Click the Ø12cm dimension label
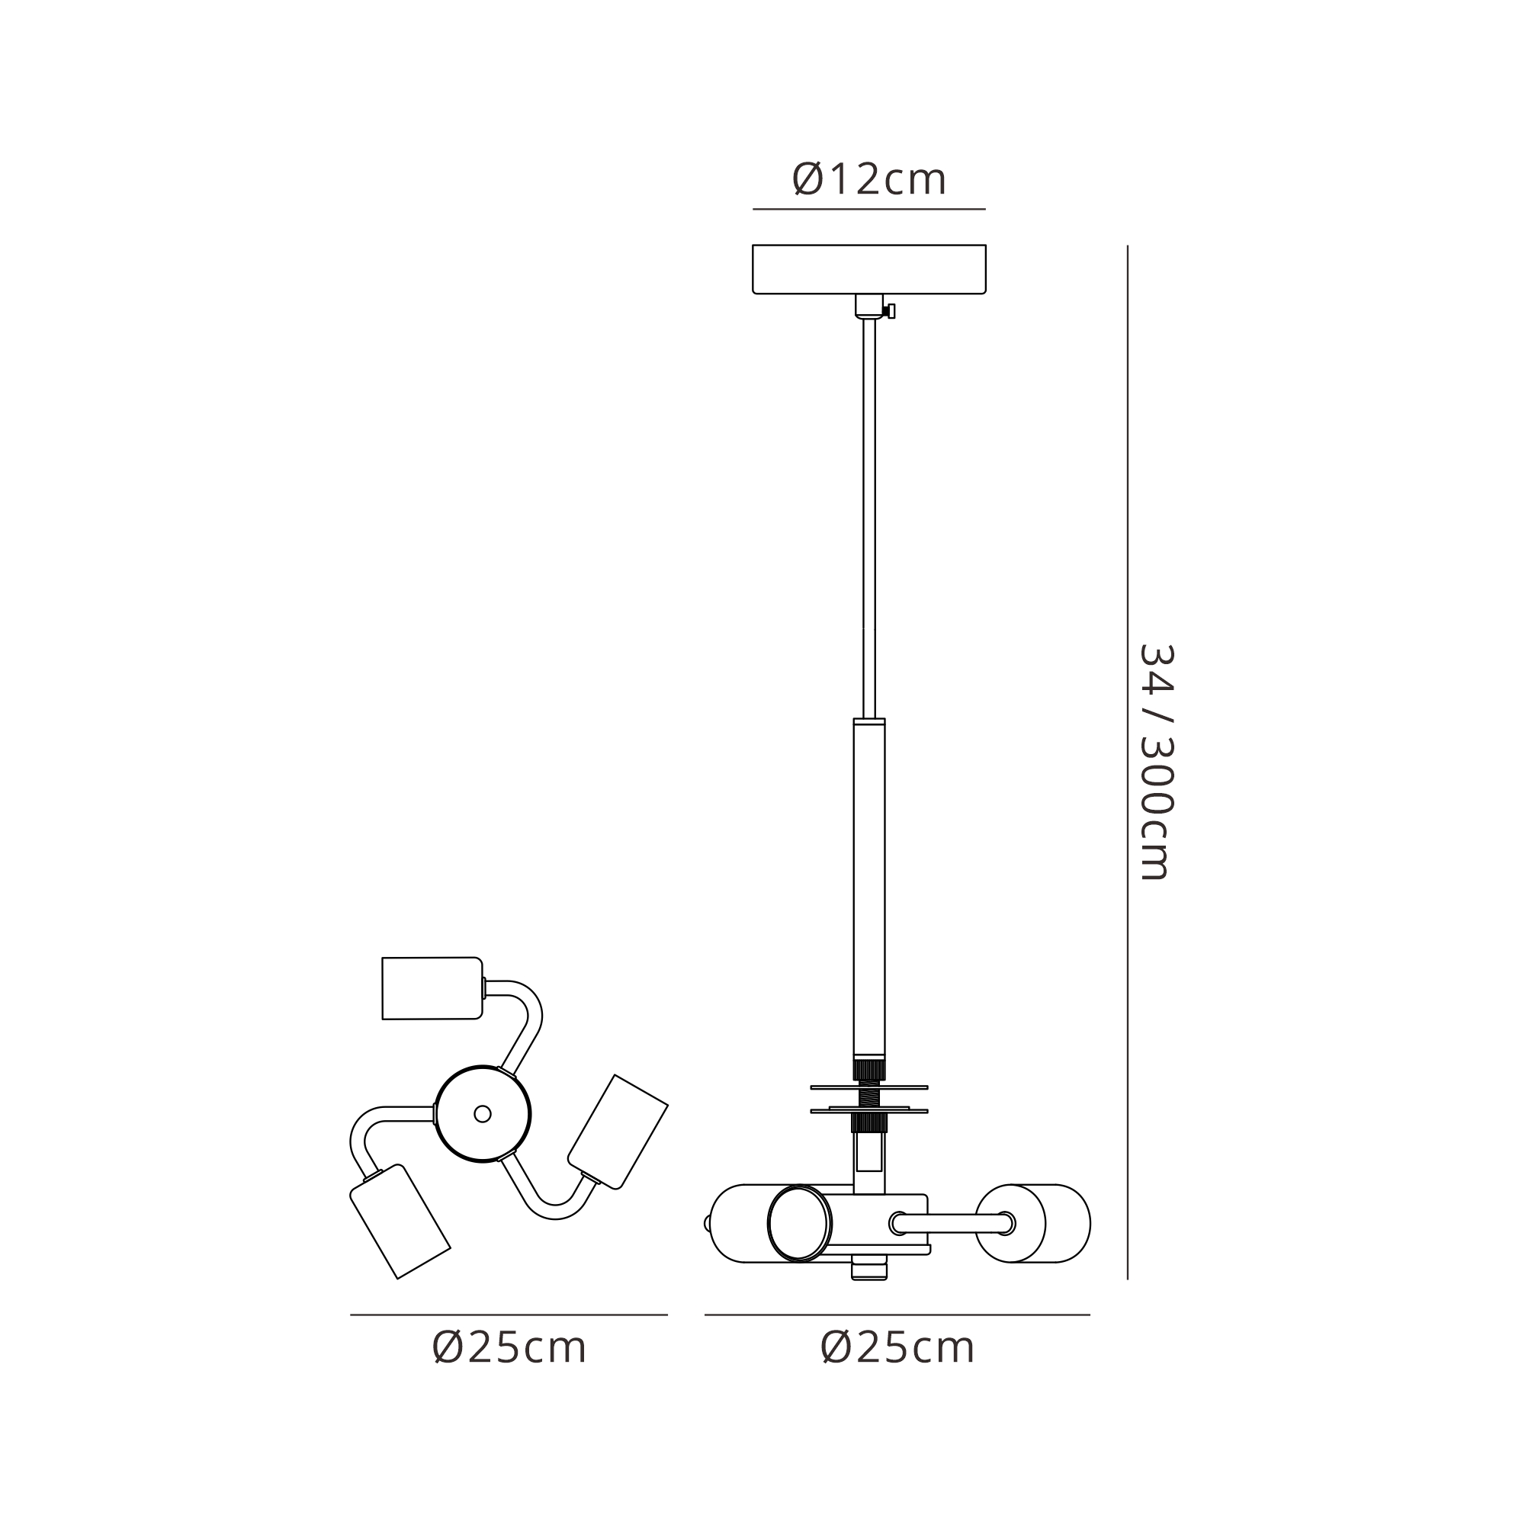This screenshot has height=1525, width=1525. tap(868, 180)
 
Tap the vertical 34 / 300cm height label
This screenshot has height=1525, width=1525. tap(1157, 762)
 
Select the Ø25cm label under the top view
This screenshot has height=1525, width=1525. tap(509, 1347)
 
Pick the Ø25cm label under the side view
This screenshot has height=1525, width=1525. tap(897, 1347)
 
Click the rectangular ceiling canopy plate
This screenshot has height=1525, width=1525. tap(868, 269)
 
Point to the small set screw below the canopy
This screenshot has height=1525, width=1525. tap(891, 311)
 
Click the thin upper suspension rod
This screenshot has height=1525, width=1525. tap(869, 513)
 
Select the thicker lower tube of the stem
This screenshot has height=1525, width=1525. tap(869, 884)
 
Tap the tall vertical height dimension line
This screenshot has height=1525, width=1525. tap(1127, 711)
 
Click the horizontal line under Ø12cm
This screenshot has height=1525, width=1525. tap(868, 209)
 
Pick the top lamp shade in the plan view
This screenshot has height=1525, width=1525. tap(431, 988)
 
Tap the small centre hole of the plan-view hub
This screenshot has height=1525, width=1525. tap(483, 1114)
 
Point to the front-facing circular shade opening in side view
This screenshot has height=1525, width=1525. tap(800, 1224)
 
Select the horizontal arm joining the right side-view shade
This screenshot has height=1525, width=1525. tap(951, 1224)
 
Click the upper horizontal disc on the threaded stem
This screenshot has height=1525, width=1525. tap(868, 1087)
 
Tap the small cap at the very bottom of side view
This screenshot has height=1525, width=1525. tap(869, 1270)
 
